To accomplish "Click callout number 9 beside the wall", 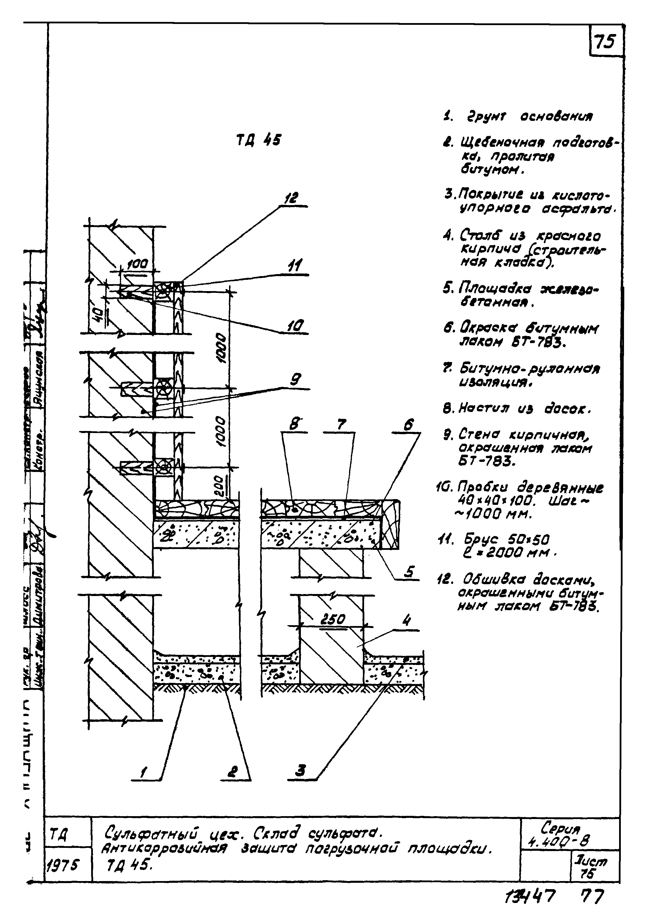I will click(296, 379).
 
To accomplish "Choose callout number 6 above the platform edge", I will click(408, 424).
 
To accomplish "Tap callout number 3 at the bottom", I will click(300, 771).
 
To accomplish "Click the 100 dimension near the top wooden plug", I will click(137, 265).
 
